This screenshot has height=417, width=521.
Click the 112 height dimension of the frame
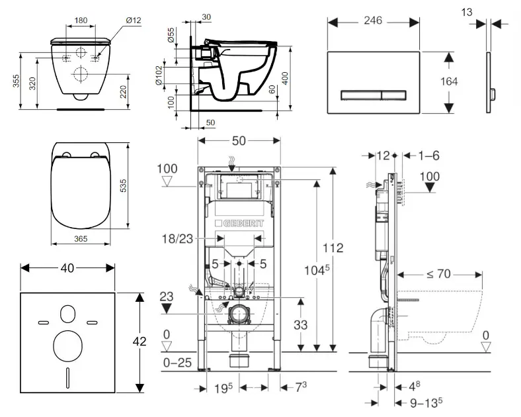coord(335,248)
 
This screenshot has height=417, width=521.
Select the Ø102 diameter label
coord(159,75)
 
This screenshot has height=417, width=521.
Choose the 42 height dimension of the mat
coord(155,342)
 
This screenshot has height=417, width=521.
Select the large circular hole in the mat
coord(69,344)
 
